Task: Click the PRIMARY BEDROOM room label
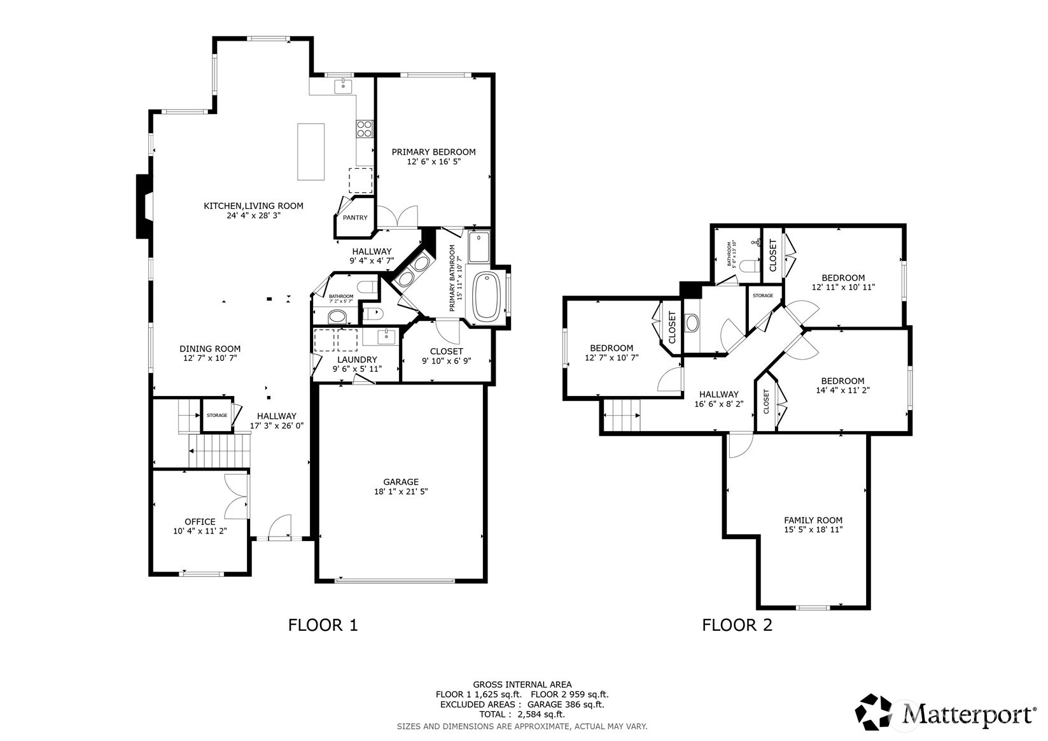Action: click(x=433, y=152)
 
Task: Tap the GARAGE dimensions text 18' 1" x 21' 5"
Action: click(x=401, y=492)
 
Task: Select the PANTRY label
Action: click(x=355, y=218)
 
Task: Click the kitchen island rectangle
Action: click(x=311, y=152)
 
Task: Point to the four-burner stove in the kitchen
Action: click(x=365, y=129)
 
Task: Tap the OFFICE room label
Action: click(x=200, y=522)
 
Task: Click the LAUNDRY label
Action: click(x=357, y=360)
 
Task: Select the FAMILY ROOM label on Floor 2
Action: click(x=813, y=520)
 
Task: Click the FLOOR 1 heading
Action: click(x=323, y=625)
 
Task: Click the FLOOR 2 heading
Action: click(x=737, y=625)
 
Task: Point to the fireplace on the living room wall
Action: click(x=144, y=207)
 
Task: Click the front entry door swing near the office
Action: click(x=279, y=528)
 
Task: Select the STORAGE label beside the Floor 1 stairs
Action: click(x=216, y=416)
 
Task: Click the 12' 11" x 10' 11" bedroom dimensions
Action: click(x=843, y=287)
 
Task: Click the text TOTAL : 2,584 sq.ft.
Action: click(x=522, y=714)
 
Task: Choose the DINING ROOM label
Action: click(x=210, y=349)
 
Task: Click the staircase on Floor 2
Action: click(x=621, y=416)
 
